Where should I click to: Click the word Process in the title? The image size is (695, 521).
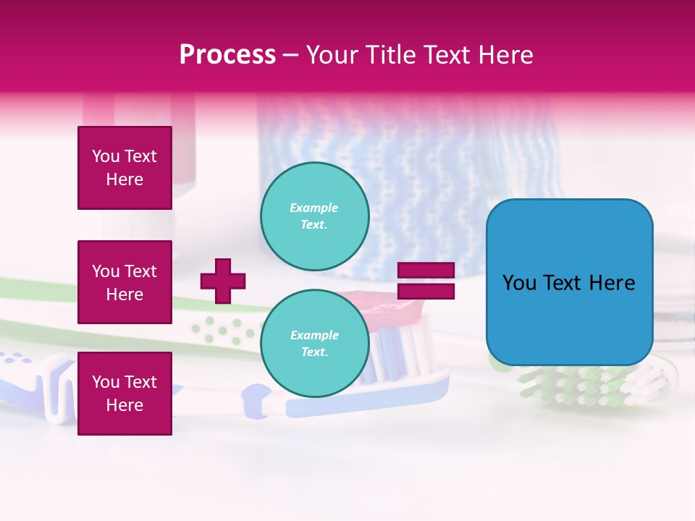227,55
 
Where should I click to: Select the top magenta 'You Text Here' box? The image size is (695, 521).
125,168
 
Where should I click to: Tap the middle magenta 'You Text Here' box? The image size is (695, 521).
125,282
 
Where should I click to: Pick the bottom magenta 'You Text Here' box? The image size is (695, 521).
125,394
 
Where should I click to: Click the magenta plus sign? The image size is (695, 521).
223,281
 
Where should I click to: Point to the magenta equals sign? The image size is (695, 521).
426,281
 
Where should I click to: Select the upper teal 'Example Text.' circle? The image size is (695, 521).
314,216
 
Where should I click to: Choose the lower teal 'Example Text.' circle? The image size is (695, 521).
314,344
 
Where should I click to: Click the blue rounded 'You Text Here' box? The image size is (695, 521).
569,282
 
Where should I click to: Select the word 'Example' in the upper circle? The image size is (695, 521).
313,208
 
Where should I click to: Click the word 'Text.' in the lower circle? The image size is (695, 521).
314,352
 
